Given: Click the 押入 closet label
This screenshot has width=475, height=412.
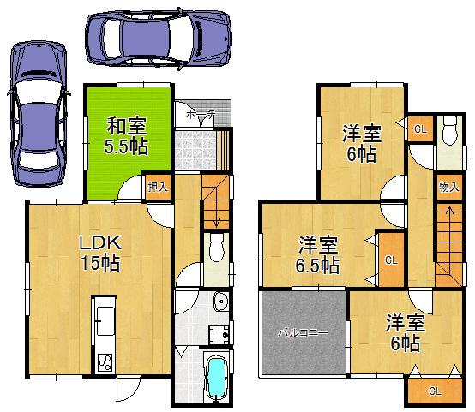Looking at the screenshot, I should click(156, 187).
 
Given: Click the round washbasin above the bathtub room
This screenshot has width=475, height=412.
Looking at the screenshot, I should click(221, 302).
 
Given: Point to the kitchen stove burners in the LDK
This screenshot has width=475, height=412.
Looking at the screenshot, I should click(105, 362).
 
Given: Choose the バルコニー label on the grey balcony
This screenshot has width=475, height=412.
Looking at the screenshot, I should click(302, 331).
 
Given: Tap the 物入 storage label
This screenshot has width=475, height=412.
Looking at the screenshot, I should click(448, 185).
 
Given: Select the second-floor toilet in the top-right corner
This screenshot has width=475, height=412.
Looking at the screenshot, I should click(448, 136).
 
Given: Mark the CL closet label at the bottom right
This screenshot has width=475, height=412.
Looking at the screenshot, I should click(434, 391).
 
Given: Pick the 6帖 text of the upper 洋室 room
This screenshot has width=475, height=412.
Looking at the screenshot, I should click(361, 154).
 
